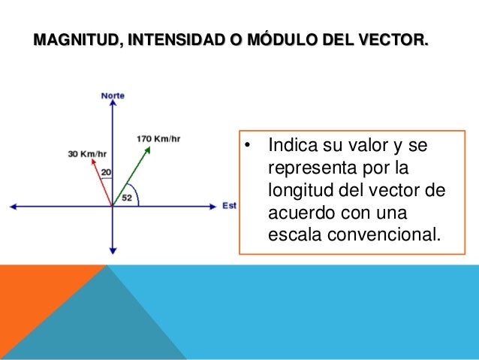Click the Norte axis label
tap(113, 95)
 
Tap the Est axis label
tap(229, 205)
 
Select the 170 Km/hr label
tap(158, 138)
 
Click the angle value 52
tap(126, 198)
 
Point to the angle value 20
tap(106, 173)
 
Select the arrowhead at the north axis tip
tap(113, 105)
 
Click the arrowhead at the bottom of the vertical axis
tap(113, 250)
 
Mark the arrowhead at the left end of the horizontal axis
tap(12, 205)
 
